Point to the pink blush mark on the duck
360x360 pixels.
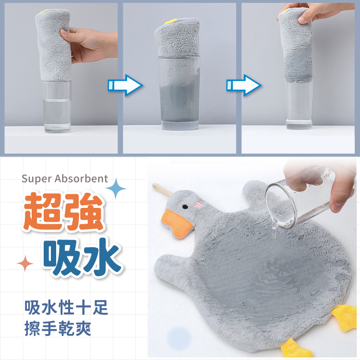198,204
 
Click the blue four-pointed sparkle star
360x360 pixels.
116,189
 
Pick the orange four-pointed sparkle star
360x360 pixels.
25,263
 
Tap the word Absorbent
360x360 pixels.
81,179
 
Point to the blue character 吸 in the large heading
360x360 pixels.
62,257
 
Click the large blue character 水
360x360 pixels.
102,257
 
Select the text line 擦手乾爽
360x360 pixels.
58,328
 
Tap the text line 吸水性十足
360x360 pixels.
66,307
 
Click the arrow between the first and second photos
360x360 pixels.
125,85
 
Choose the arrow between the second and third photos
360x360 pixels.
244,85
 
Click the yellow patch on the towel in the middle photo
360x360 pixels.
171,21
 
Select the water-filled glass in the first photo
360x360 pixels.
57,106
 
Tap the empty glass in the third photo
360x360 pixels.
299,103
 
